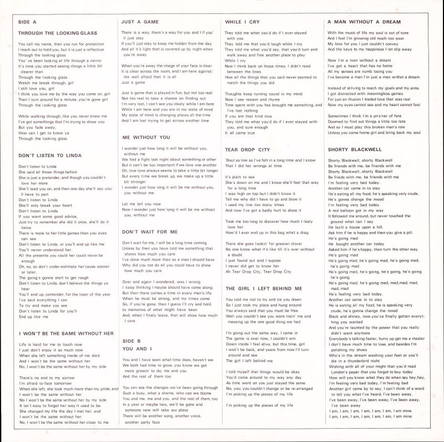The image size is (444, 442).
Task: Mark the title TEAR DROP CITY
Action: (247, 149)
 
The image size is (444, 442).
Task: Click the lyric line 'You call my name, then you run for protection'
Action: (60, 44)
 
